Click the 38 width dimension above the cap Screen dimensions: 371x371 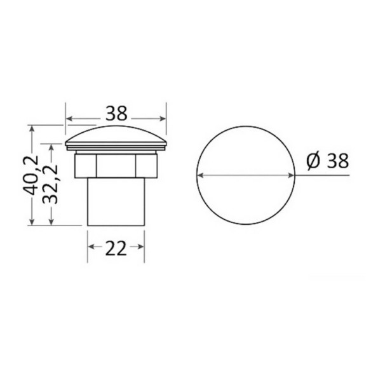[x=116, y=113]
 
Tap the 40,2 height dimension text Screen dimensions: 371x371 [x=30, y=175]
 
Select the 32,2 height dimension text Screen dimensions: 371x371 [x=50, y=184]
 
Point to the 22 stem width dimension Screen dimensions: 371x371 [x=116, y=248]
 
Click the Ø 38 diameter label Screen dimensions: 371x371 [x=328, y=161]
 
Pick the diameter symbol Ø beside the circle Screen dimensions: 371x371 [x=313, y=161]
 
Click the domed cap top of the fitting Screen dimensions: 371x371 [x=116, y=135]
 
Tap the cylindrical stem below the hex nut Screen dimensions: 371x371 [x=116, y=201]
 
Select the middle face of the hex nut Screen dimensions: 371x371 [x=116, y=166]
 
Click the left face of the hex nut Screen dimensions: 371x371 [x=86, y=166]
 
